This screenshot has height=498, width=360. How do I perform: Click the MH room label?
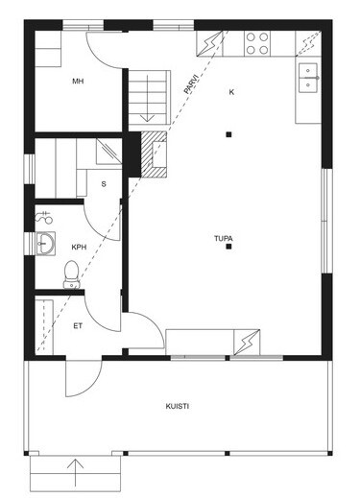point(78,82)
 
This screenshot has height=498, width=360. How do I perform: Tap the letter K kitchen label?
point(231,92)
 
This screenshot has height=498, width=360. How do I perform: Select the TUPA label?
point(224,238)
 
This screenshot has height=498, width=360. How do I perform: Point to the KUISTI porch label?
point(177,406)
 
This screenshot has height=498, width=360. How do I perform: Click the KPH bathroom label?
point(79,247)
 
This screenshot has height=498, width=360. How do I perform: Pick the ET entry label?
point(78,326)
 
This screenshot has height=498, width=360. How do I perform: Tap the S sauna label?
point(104,184)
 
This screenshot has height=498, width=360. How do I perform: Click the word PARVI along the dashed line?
point(192,84)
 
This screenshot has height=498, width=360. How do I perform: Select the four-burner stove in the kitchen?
point(257,43)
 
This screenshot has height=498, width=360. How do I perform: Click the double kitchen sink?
point(308,78)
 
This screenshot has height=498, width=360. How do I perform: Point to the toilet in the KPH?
point(72,274)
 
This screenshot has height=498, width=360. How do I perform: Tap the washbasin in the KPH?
point(45,244)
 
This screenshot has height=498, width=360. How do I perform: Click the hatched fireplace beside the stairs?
point(154,154)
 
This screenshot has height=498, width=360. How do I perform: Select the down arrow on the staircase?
point(147,98)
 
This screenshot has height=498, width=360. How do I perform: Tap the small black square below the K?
point(228,134)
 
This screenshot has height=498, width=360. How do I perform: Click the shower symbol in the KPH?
point(44,218)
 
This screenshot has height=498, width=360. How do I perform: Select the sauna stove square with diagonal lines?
point(109,152)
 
